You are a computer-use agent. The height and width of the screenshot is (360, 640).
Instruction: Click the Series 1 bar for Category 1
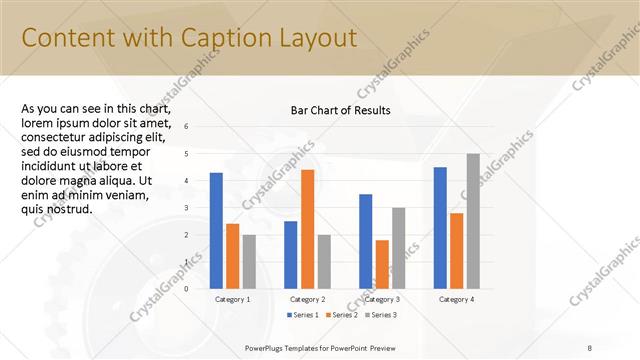[x=216, y=231]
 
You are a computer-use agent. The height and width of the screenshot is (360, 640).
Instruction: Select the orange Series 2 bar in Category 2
[x=307, y=229]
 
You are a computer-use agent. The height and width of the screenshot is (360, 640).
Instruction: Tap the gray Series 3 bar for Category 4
[x=473, y=221]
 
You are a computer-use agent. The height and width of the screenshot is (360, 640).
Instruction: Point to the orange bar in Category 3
[x=382, y=264]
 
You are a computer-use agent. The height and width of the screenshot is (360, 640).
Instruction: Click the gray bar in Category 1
[x=249, y=262]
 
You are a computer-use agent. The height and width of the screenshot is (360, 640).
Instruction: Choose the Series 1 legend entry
[x=305, y=315]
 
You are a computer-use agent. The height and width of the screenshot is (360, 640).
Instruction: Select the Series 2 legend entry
[x=342, y=315]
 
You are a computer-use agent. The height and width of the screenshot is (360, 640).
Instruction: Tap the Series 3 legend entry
[x=380, y=315]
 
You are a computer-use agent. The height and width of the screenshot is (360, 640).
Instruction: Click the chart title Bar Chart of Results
[x=340, y=110]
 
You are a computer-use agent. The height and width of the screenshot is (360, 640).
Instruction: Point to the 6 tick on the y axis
[x=186, y=127]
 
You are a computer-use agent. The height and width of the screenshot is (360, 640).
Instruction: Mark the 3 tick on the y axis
[x=186, y=208]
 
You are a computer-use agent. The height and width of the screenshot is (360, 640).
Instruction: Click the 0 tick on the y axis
[x=186, y=289]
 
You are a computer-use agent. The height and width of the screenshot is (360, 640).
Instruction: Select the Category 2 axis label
[x=307, y=299]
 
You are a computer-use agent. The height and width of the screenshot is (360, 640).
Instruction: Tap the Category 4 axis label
[x=456, y=299]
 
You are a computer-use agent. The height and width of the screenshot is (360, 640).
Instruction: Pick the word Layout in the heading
[x=315, y=38]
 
